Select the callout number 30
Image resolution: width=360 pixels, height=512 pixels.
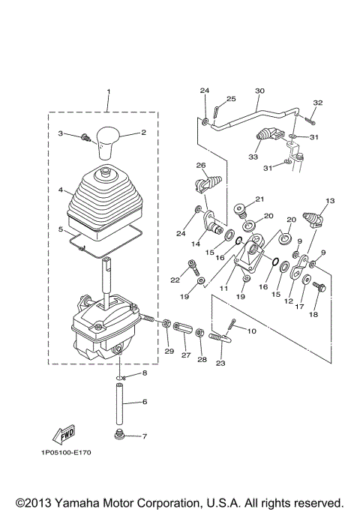[259, 91]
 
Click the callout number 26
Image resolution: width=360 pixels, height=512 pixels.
[200, 165]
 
